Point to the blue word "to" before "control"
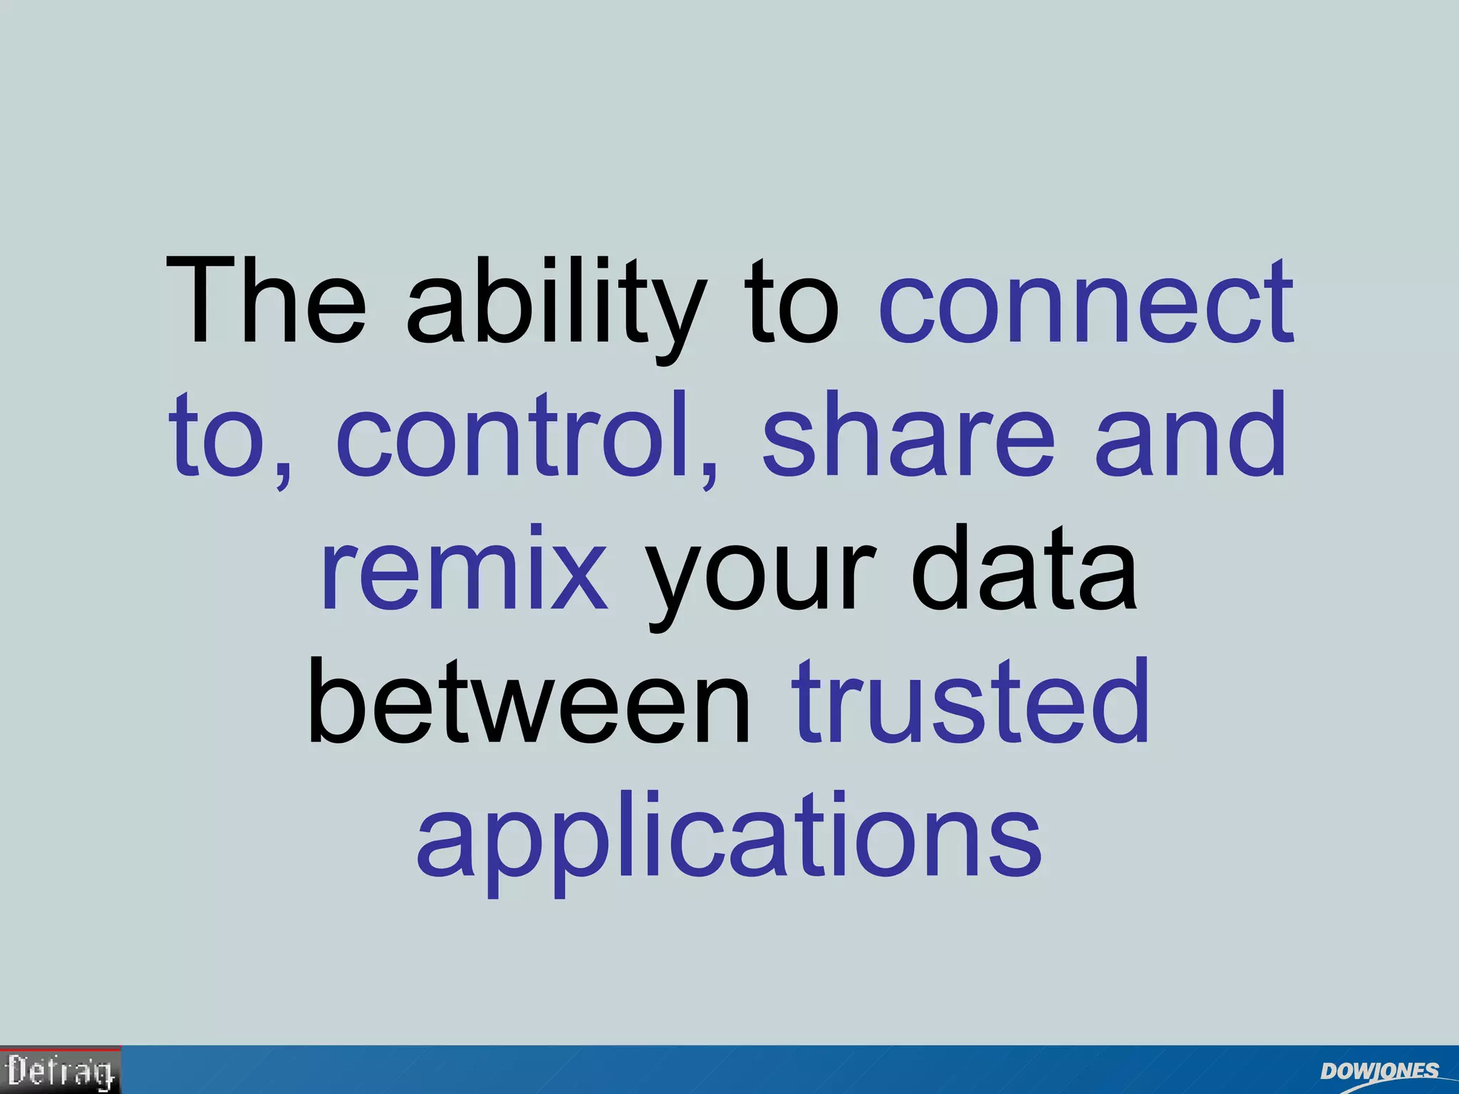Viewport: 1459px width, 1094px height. [x=216, y=436]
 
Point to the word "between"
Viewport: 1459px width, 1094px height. [x=529, y=702]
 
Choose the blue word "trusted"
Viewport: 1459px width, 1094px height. [x=970, y=702]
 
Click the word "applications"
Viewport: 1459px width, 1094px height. [x=729, y=840]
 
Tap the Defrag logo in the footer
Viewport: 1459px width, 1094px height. [x=61, y=1070]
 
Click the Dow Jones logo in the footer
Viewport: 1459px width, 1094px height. [x=1379, y=1072]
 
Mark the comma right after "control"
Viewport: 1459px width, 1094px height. [x=708, y=476]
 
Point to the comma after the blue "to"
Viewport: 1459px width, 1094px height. [x=283, y=476]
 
